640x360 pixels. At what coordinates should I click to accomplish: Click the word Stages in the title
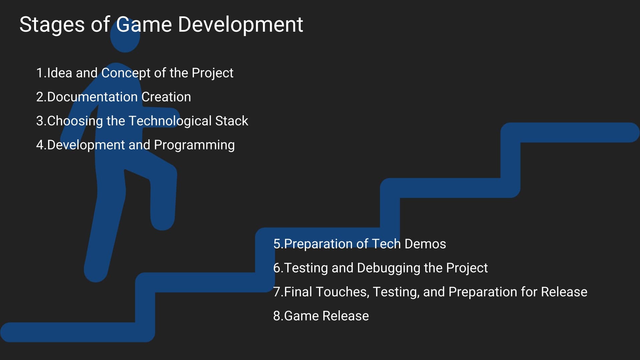pos(52,25)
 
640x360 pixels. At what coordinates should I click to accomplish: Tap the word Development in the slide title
pos(240,25)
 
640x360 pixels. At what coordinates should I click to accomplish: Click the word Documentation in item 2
pos(92,97)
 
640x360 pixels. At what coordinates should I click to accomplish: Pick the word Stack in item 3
pos(232,121)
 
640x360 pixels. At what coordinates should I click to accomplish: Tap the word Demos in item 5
pos(425,244)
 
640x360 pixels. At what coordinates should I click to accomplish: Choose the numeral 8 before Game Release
pos(277,316)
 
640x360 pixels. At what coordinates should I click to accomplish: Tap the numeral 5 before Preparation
pos(277,244)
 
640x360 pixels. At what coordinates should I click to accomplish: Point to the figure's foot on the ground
pos(96,270)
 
